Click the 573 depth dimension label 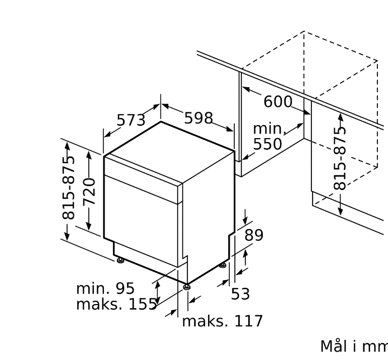131,120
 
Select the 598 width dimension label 198,118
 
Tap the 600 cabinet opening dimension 278,102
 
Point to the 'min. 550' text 268,136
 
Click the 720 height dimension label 89,191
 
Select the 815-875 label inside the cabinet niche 340,158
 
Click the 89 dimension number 253,235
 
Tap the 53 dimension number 240,294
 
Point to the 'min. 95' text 105,288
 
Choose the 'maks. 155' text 116,305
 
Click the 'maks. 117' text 222,321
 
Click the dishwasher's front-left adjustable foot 120,259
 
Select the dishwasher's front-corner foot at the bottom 186,287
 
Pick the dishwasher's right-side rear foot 223,265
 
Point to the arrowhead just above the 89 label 244,220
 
